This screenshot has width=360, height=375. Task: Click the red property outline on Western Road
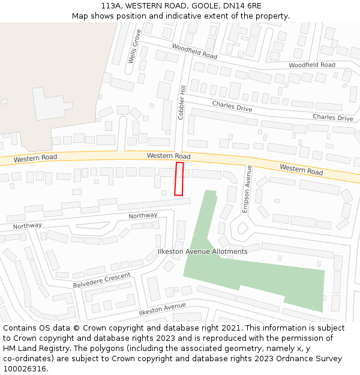tap(179, 178)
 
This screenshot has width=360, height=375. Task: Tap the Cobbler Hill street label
tap(182, 102)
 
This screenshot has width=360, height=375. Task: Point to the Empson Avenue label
tap(246, 189)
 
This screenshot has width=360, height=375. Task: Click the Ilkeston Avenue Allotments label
tap(202, 251)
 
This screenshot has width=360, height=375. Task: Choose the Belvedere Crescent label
tap(101, 280)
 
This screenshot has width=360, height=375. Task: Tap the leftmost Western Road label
tap(35, 158)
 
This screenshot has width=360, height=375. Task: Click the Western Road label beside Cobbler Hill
tap(169, 156)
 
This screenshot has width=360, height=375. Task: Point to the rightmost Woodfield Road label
tap(312, 65)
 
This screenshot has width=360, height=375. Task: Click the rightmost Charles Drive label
tap(333, 118)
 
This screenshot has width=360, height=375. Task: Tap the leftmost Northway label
tap(28, 226)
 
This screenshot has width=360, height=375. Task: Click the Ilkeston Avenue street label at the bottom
tap(162, 309)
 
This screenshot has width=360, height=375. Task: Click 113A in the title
tap(111, 5)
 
